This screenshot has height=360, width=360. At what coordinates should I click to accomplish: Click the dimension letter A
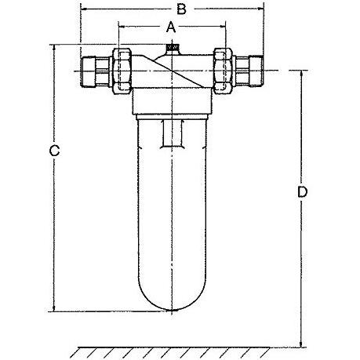pos(171,27)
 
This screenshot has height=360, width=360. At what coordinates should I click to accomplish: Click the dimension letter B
pos(181,9)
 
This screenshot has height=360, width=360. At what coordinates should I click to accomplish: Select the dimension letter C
pos(54,151)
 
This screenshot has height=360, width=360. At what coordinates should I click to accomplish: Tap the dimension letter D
pos(303,192)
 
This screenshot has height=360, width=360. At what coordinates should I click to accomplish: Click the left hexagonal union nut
pos(122,71)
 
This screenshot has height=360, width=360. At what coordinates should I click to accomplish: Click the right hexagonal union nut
pos(223,71)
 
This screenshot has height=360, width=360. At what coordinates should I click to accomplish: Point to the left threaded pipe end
pos(89,71)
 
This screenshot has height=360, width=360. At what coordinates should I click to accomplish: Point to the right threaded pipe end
pos(256,71)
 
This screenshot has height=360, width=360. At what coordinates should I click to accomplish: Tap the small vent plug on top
pos(172,48)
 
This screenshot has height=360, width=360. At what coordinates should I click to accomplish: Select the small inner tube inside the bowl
pos(172,134)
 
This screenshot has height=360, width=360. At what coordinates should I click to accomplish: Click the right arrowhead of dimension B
pos(260,9)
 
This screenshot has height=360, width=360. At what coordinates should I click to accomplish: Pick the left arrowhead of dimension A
pos(122,26)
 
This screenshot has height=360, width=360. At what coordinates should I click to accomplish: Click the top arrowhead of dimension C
pos(54,48)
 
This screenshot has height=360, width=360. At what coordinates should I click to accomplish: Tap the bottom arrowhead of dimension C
pos(54,308)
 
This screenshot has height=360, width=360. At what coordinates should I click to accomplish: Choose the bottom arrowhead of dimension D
pos(301,344)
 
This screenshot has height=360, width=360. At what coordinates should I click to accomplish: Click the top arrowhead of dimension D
pos(301,74)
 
